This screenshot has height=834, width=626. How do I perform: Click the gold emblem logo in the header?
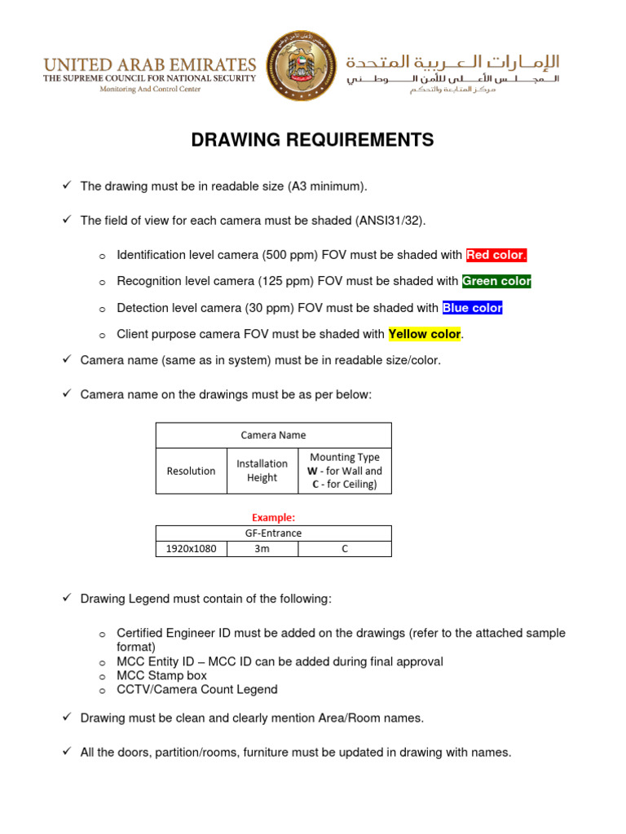click(x=301, y=67)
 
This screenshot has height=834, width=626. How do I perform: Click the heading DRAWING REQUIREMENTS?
click(x=312, y=140)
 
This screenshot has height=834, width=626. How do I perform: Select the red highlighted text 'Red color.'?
click(x=496, y=255)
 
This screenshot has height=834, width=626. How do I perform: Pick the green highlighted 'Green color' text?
click(x=496, y=282)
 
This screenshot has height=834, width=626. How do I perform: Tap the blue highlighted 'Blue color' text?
click(x=472, y=308)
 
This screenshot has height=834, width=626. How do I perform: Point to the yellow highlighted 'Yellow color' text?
click(x=425, y=334)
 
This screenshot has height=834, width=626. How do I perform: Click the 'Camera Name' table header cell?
click(x=274, y=435)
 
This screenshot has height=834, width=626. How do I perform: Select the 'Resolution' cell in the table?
click(x=191, y=471)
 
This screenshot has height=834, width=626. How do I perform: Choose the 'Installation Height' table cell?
click(x=262, y=471)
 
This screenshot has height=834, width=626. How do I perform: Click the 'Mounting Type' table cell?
click(x=344, y=471)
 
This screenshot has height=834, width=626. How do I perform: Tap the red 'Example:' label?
click(x=273, y=517)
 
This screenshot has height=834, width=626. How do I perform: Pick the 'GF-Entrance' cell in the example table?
click(x=274, y=533)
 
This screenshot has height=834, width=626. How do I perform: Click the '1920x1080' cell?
click(x=191, y=549)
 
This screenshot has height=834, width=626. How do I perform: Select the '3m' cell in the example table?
click(x=262, y=549)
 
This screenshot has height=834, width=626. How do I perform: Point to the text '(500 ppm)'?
click(x=288, y=255)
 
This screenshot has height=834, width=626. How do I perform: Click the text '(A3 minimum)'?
click(x=326, y=187)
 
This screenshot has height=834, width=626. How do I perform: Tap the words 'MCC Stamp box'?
click(x=162, y=676)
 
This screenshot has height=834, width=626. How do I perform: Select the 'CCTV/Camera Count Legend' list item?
click(x=197, y=690)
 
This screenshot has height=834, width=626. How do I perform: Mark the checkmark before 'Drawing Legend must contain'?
click(x=68, y=599)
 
